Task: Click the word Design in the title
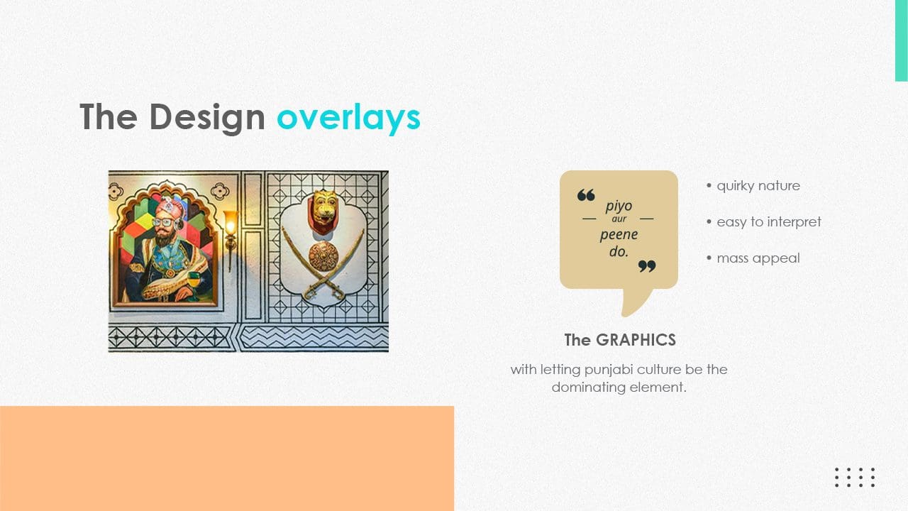tap(207, 118)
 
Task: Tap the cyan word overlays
tap(348, 118)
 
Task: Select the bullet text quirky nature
tap(758, 186)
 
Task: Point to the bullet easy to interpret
tap(769, 222)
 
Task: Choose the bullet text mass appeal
tap(758, 258)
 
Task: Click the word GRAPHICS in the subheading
tap(636, 340)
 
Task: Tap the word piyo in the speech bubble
tap(619, 206)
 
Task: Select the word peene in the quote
tap(619, 235)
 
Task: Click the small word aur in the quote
tap(619, 219)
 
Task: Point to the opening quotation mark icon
tap(586, 195)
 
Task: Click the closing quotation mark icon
tap(647, 266)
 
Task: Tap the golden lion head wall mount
tap(324, 208)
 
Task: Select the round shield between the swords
tap(323, 257)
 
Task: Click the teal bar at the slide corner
tap(901, 40)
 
